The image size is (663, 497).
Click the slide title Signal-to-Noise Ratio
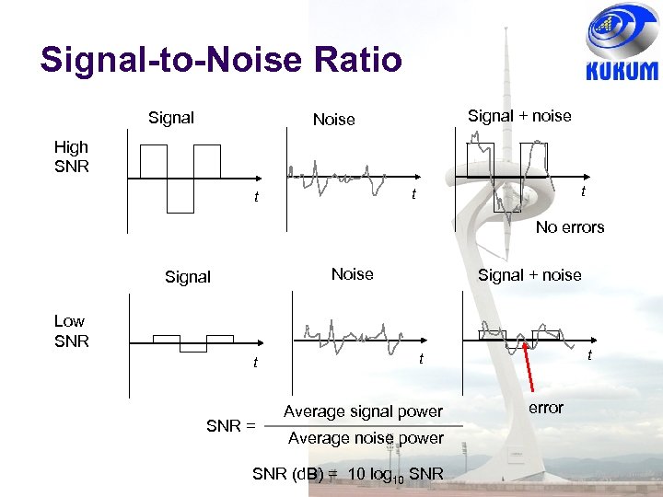click(x=221, y=60)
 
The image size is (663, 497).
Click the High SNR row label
click(x=71, y=156)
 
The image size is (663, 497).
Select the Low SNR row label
click(x=71, y=330)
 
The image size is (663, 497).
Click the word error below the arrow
click(x=545, y=408)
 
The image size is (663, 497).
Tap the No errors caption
click(x=570, y=227)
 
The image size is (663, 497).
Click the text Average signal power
click(x=363, y=411)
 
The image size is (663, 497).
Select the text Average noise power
click(x=366, y=438)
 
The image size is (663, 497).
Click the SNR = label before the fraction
click(x=230, y=425)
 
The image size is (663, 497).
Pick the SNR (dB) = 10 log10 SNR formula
click(x=348, y=475)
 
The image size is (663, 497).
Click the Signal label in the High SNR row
click(x=171, y=118)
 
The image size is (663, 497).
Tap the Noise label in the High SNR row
click(x=333, y=120)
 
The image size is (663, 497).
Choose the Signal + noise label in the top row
click(x=519, y=116)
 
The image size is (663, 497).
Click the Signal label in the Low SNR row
click(x=188, y=276)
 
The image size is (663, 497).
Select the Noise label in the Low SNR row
click(x=352, y=274)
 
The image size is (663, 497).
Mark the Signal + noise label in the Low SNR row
click(x=529, y=274)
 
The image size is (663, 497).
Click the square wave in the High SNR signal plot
click(x=180, y=178)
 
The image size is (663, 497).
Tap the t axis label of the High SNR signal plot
click(x=256, y=197)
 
